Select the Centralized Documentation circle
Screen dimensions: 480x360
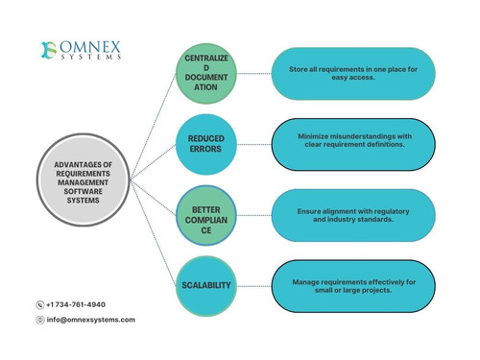tap(206, 75)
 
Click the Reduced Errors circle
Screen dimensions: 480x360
tap(206, 145)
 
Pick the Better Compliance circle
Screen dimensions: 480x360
tap(206, 215)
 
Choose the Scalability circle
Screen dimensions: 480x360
tap(206, 285)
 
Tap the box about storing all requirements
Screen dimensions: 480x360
tap(352, 74)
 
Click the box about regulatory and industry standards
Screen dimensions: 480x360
tap(352, 214)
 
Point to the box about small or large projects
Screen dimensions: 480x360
tap(352, 284)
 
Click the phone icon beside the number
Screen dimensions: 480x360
tap(40, 304)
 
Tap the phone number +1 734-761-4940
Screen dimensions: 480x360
tap(76, 304)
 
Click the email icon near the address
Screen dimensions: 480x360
tap(40, 320)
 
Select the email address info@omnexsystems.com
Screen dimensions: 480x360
tap(91, 320)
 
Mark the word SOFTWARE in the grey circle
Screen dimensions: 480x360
tap(83, 189)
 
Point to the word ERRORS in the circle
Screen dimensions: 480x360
tap(206, 151)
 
